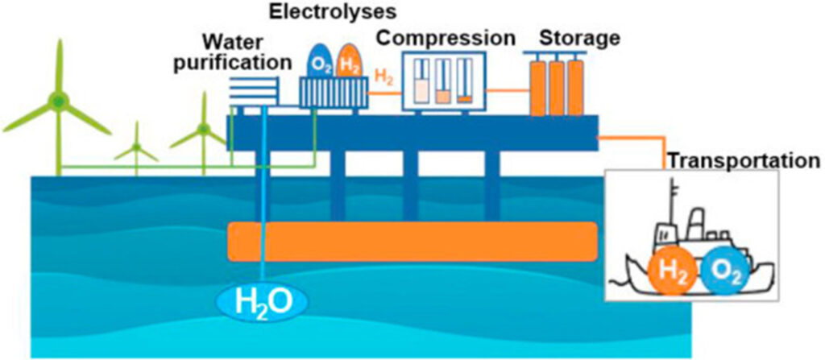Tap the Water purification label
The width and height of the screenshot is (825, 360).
(247, 51)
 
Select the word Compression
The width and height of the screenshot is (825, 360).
(446, 38)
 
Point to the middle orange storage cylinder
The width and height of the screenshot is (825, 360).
(556, 86)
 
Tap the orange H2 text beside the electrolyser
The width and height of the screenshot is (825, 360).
(384, 77)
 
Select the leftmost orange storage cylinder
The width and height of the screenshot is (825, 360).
(537, 86)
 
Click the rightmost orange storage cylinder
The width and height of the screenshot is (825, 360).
(574, 86)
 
